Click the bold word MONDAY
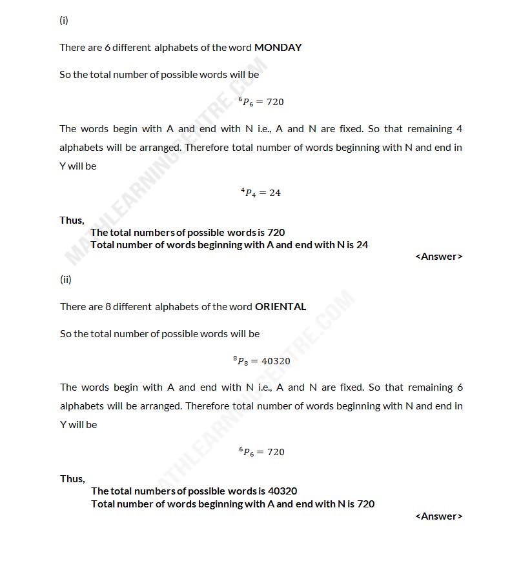point(278,47)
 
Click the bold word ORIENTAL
point(280,306)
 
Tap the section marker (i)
point(64,20)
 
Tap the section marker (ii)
point(65,279)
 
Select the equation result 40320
point(276,361)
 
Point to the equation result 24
point(274,193)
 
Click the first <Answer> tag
point(439,257)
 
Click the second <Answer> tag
point(439,516)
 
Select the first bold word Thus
point(72,220)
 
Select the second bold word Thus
point(72,478)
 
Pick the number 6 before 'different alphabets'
point(108,47)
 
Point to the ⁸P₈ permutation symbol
point(241,361)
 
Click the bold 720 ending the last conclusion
point(365,504)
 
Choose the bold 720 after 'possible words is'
point(276,232)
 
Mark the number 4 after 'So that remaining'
point(459,128)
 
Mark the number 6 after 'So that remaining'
point(460,387)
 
